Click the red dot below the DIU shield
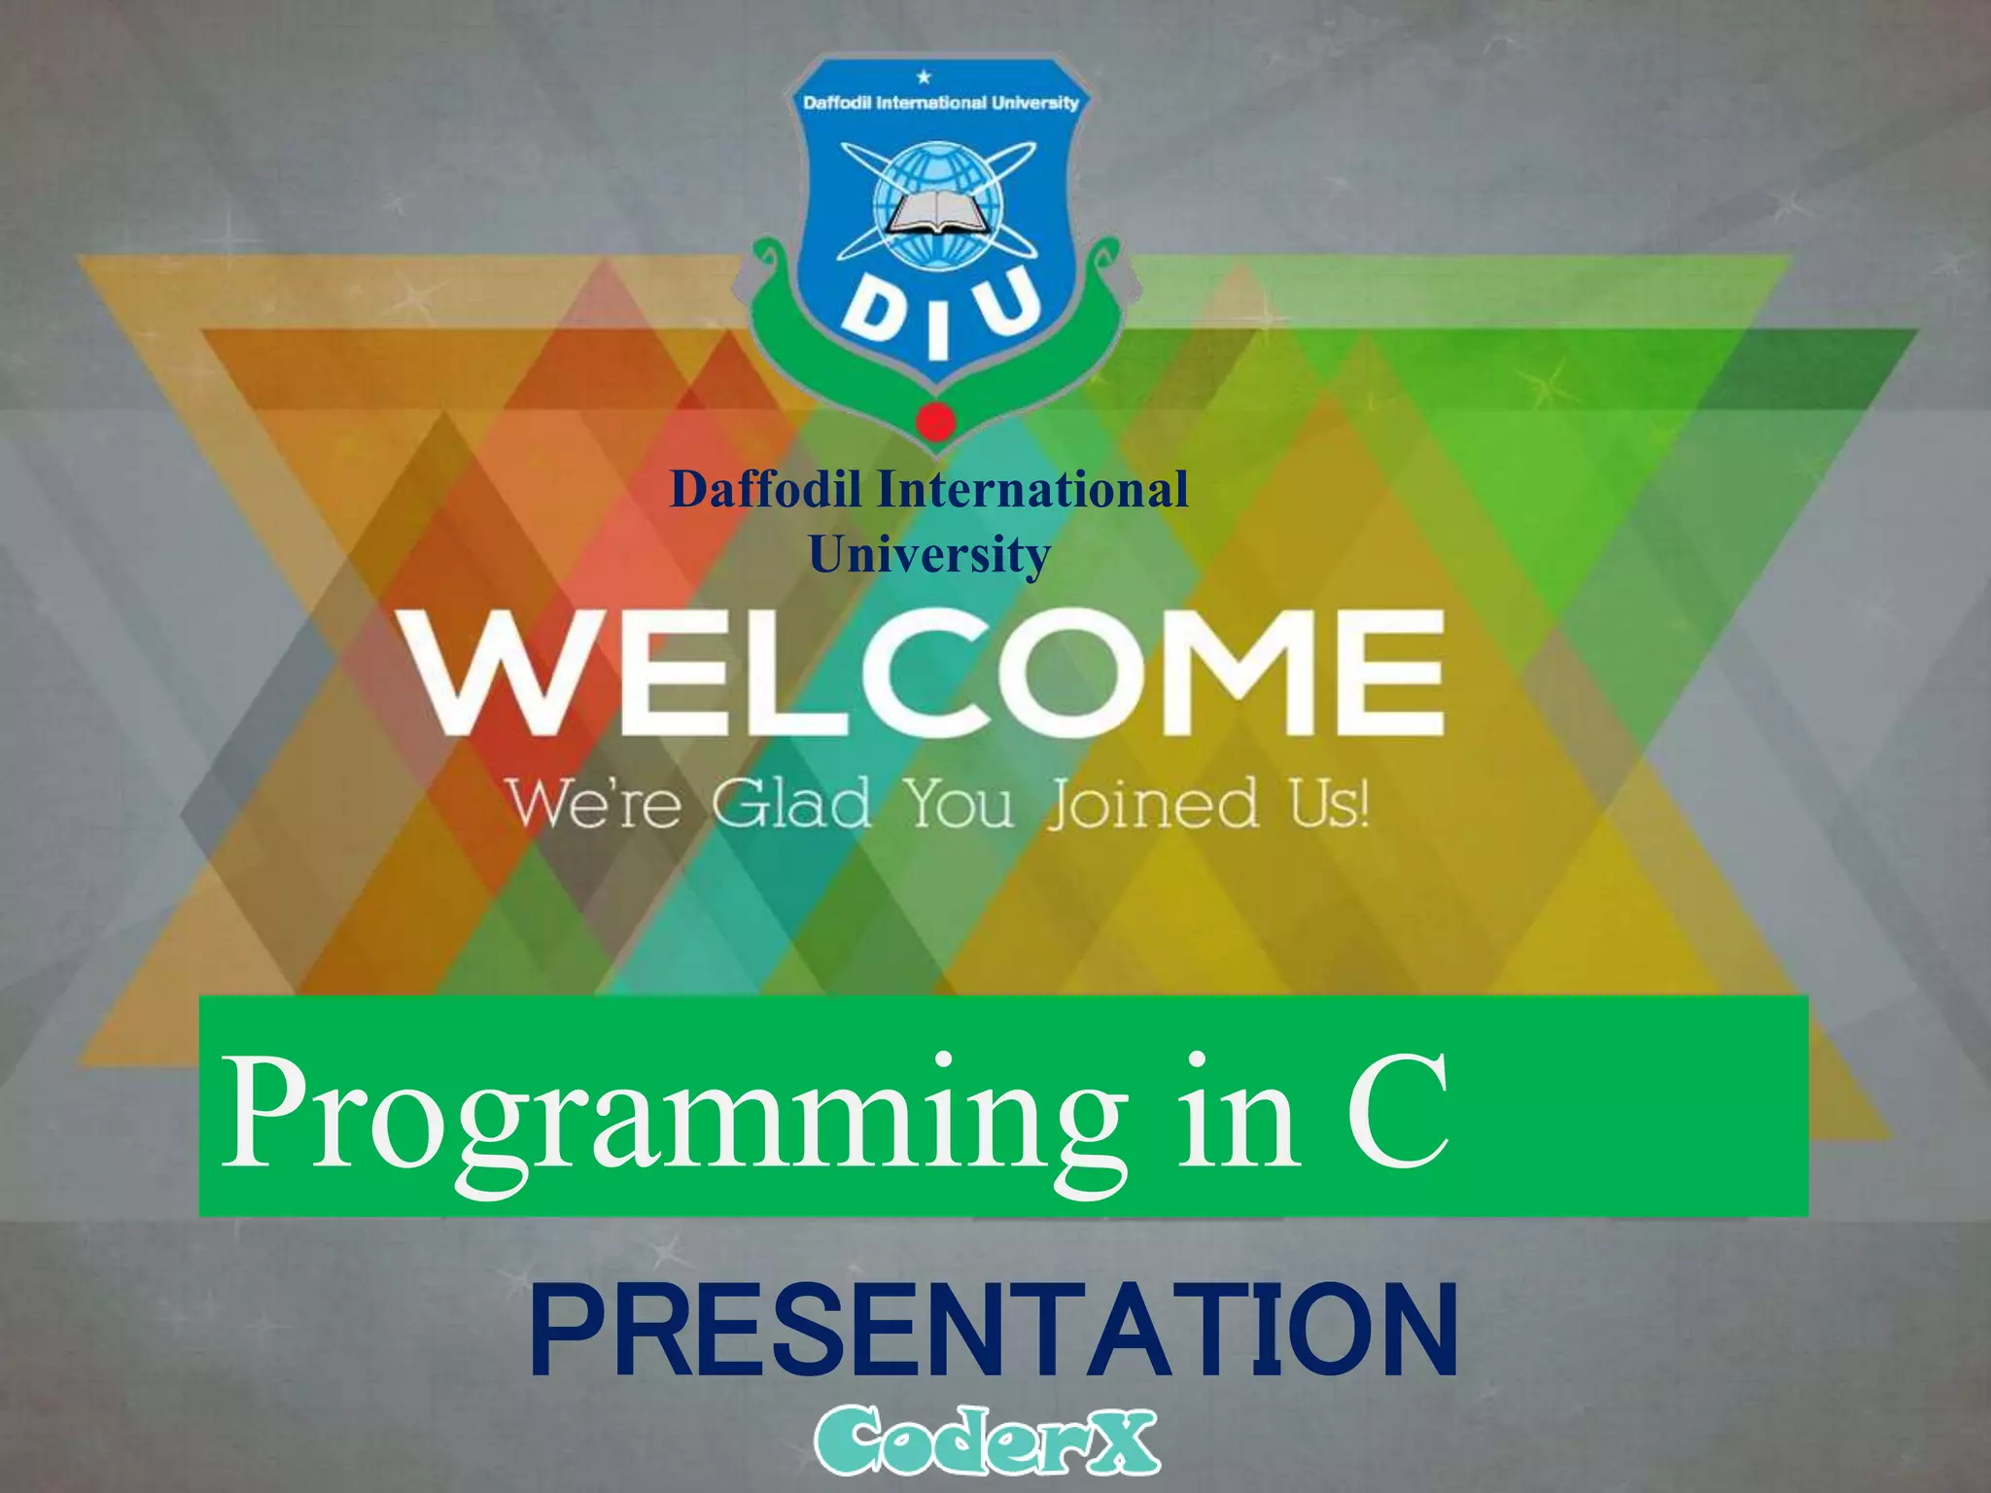click(936, 421)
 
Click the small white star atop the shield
click(925, 77)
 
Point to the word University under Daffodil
click(929, 555)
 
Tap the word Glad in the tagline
click(789, 805)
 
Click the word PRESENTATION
click(994, 1332)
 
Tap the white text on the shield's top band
click(940, 102)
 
